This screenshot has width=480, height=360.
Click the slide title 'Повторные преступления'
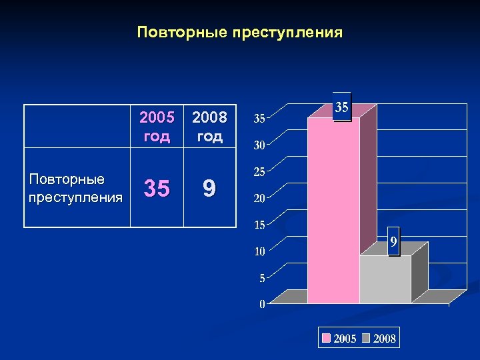239,33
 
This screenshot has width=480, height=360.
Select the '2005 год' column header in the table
157,127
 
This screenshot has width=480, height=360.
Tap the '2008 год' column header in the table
209,127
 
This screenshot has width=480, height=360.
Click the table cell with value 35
157,189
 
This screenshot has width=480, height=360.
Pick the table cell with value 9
209,189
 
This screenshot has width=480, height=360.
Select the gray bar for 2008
385,280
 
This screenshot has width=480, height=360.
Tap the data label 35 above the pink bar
341,107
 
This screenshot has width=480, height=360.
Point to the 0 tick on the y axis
262,305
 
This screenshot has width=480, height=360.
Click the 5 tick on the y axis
262,278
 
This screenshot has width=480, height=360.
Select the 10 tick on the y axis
260,251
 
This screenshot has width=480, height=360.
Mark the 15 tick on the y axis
260,225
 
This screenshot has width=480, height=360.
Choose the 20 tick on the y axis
260,198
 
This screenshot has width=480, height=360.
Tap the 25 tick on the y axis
260,172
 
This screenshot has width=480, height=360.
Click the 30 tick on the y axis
260,145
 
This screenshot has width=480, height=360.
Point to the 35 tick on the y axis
260,119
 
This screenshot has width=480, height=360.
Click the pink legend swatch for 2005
327,339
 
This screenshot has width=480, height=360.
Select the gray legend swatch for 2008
367,339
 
